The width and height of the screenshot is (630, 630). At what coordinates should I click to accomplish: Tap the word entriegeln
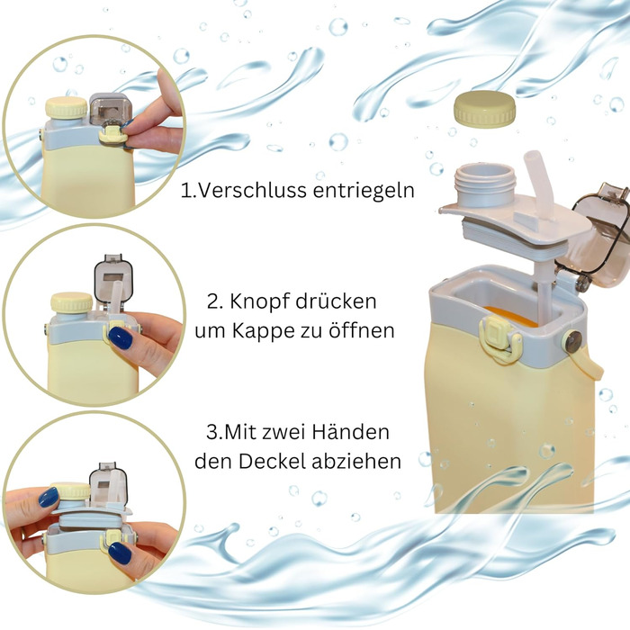tap(364, 191)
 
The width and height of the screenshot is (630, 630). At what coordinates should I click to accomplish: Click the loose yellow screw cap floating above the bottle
tap(484, 109)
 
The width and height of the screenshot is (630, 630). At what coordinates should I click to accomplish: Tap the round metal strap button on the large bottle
tap(573, 342)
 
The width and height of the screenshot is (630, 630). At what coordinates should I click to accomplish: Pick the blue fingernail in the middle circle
tap(120, 337)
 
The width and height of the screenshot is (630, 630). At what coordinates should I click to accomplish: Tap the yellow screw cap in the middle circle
tap(72, 302)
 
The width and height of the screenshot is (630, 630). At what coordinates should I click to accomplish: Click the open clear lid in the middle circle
tap(112, 277)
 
